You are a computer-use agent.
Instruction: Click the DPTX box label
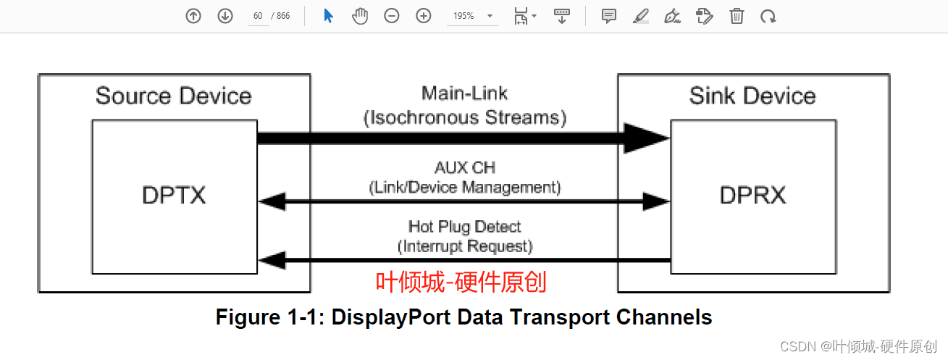174,195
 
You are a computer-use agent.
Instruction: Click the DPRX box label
752,195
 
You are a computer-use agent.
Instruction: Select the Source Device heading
173,96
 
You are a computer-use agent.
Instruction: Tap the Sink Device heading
752,96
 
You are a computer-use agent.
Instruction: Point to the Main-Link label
464,93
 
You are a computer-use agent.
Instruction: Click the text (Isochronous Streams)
464,117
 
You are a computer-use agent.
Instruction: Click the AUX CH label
464,168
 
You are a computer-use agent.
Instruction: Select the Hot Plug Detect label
464,227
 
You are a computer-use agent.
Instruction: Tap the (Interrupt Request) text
464,246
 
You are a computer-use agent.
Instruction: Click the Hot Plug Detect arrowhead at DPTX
269,259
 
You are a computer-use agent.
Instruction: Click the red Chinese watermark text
461,281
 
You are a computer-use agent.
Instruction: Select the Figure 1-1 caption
463,317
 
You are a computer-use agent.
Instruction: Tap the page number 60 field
258,16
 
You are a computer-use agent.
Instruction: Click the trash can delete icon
737,16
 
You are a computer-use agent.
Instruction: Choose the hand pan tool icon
360,16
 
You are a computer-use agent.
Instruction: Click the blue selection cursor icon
328,16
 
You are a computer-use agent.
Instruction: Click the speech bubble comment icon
609,16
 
